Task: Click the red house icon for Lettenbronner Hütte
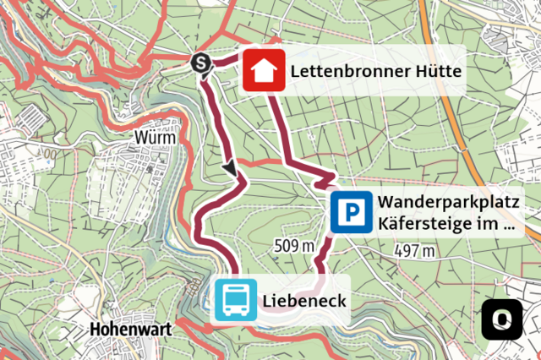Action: pyautogui.click(x=264, y=71)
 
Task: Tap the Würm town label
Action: pyautogui.click(x=155, y=138)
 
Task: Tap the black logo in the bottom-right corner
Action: pyautogui.click(x=502, y=319)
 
